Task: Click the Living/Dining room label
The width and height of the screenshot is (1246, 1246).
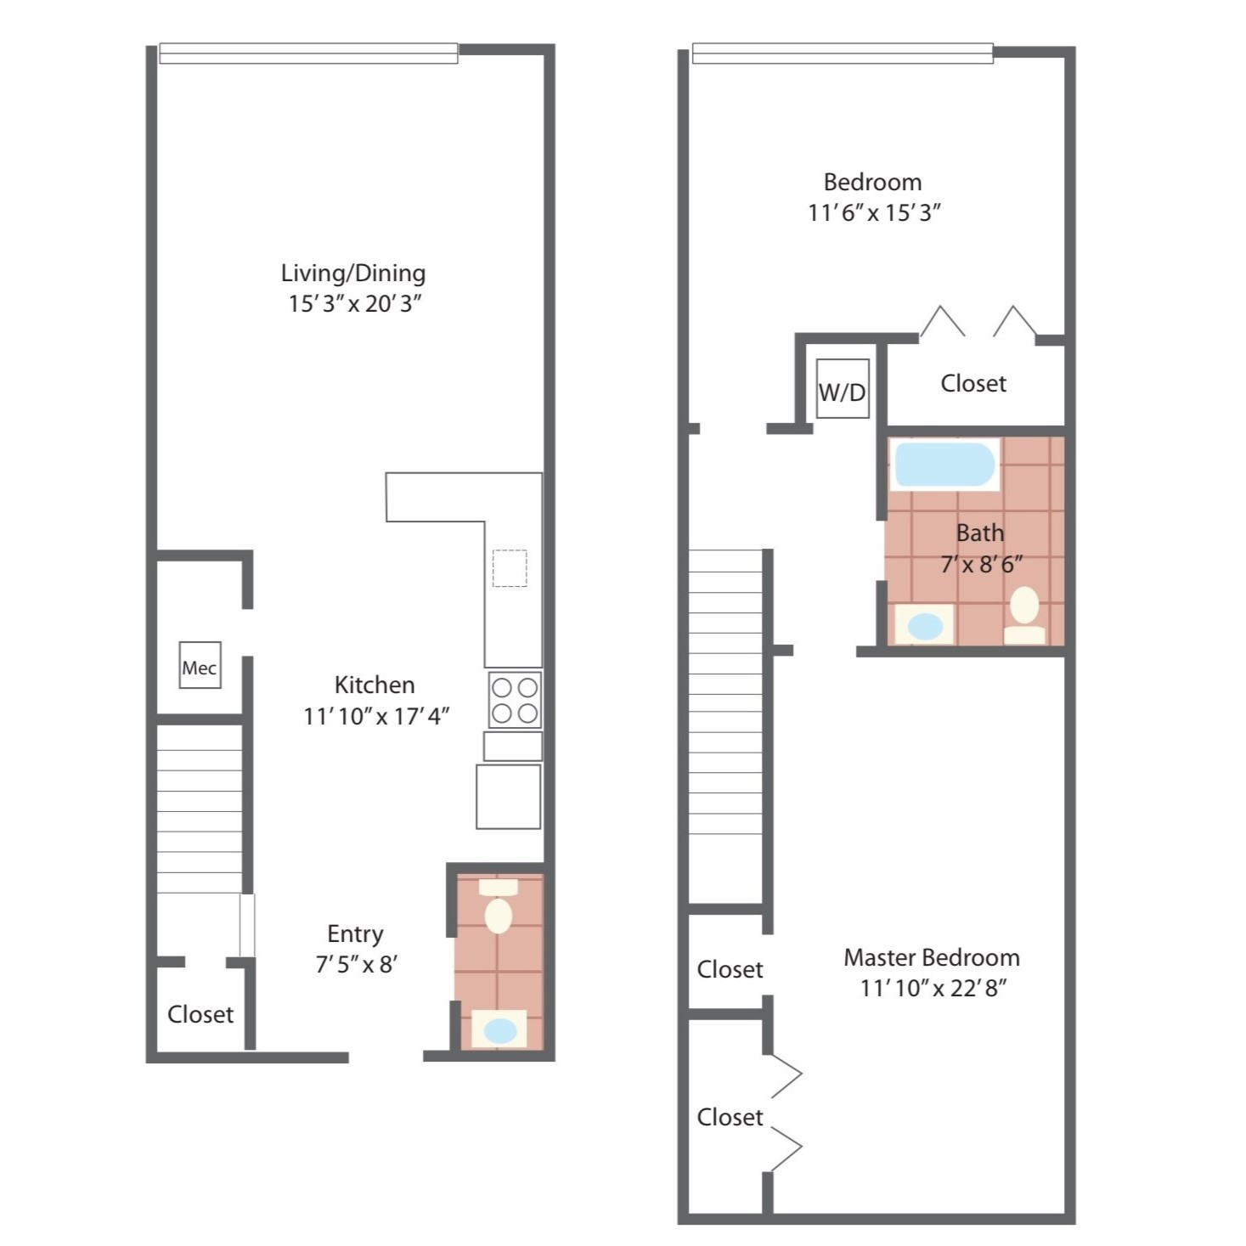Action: (x=353, y=274)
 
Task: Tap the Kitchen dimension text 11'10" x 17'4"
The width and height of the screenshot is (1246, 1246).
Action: (x=376, y=717)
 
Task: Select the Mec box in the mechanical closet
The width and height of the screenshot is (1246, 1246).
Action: (x=200, y=665)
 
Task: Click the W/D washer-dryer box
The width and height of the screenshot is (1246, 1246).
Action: (x=843, y=389)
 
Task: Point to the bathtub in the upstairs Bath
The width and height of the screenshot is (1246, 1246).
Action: (x=945, y=465)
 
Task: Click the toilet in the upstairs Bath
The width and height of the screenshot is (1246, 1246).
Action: (x=1024, y=615)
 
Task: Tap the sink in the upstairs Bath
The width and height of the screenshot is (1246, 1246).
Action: (x=924, y=624)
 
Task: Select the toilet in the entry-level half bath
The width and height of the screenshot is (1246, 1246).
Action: (x=499, y=905)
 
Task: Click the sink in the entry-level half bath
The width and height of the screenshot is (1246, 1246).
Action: (x=499, y=1029)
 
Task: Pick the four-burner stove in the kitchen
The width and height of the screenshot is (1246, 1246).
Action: (x=515, y=700)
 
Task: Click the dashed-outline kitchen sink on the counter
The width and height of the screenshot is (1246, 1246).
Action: (x=510, y=568)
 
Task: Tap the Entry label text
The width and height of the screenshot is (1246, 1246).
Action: (x=355, y=934)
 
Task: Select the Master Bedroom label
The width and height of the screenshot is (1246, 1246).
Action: (x=932, y=957)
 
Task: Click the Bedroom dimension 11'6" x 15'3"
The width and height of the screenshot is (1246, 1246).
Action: (x=873, y=212)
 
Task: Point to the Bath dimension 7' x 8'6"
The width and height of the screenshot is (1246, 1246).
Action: (x=982, y=565)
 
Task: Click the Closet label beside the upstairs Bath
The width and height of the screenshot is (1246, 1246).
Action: (x=973, y=383)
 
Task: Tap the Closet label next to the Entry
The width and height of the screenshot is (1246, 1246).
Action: (x=200, y=1014)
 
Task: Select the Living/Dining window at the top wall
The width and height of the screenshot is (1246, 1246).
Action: (x=308, y=53)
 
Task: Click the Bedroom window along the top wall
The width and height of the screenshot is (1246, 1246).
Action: (x=843, y=53)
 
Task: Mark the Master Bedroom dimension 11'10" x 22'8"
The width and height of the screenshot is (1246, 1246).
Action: (x=933, y=989)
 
